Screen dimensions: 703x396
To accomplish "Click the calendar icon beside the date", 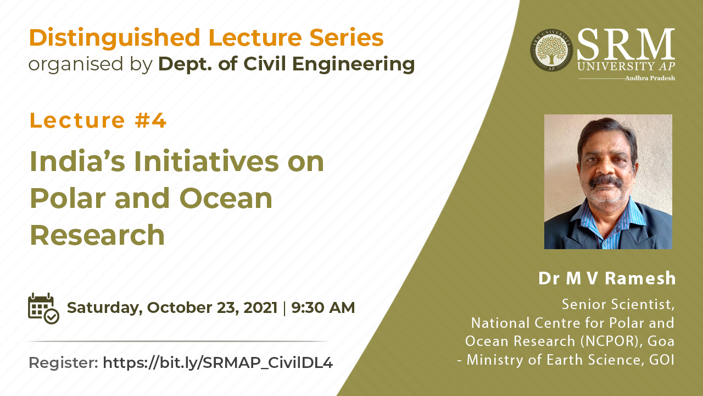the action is point(43,309).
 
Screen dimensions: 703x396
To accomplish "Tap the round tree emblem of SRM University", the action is point(551,50).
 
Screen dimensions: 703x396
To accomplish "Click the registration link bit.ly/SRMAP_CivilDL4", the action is point(217,362).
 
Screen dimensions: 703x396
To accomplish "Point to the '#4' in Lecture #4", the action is point(150,120).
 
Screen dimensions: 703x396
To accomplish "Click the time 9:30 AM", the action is point(323,307).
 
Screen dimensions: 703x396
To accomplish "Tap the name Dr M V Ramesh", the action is point(607,278).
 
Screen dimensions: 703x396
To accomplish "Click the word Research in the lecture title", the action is point(97,235).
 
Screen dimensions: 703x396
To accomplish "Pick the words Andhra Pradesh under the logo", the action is point(650,78).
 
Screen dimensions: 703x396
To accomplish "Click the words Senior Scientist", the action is point(618,304).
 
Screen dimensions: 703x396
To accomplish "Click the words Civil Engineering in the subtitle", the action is point(329,64).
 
